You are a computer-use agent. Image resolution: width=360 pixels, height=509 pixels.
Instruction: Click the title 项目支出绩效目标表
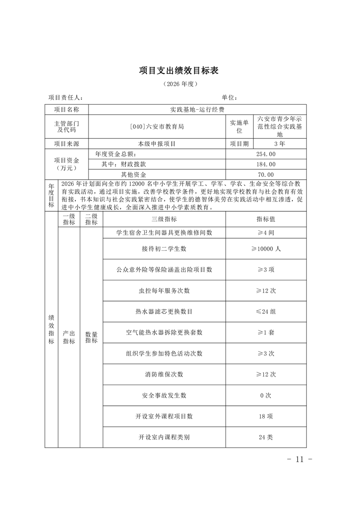tap(179, 71)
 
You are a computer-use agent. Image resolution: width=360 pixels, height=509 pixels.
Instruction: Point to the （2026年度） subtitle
tap(179, 84)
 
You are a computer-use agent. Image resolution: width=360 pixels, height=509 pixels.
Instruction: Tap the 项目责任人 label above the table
tap(65, 98)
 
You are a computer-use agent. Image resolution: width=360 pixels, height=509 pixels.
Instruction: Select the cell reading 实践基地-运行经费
tap(197, 109)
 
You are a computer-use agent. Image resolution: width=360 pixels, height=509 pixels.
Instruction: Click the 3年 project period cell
tap(279, 144)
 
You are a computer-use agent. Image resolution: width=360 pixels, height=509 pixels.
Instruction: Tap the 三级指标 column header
tap(164, 219)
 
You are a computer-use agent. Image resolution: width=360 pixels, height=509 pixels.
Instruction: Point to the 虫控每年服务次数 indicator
tap(164, 290)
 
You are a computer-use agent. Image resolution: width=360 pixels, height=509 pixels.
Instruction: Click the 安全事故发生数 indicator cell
tap(164, 395)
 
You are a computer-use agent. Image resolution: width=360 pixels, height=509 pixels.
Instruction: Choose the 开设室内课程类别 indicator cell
tap(164, 437)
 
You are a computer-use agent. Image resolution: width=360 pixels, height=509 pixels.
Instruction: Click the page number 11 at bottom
tap(299, 459)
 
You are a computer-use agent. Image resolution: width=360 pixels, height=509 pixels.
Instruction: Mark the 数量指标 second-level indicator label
tap(91, 337)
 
